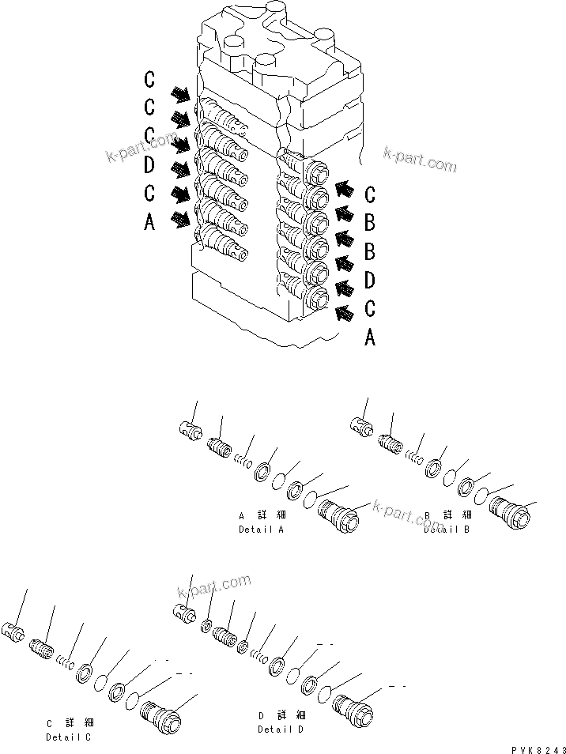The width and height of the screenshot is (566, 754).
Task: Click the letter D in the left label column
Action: pos(150,165)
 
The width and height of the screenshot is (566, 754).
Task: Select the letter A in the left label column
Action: pos(150,224)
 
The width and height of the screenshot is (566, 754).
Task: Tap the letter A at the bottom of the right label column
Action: pos(369,339)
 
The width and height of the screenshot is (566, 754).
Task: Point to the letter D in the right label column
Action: pos(369,280)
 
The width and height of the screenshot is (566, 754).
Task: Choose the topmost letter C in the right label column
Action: pos(369,194)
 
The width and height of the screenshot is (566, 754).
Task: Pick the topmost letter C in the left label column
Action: pos(150,79)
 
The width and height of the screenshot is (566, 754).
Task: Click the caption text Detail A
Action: pos(261,529)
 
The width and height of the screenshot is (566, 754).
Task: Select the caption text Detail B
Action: pos(447,529)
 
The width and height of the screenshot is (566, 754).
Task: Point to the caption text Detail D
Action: pos(281,729)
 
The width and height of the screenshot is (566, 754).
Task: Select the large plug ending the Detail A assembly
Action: pos(338,518)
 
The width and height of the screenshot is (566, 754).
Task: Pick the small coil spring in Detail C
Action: pos(69,662)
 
